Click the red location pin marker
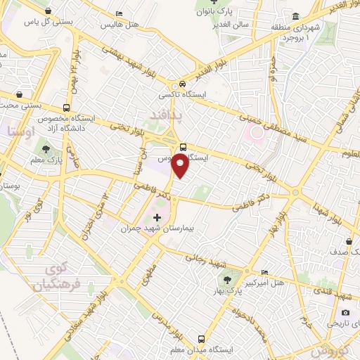[180, 166]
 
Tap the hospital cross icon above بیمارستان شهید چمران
[157, 217]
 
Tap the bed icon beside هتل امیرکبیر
[264, 272]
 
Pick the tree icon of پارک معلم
[46, 149]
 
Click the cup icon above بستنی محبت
[18, 94]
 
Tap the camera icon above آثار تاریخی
[345, 312]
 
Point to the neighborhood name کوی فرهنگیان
[53, 277]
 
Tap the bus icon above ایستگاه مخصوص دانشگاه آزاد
[65, 108]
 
